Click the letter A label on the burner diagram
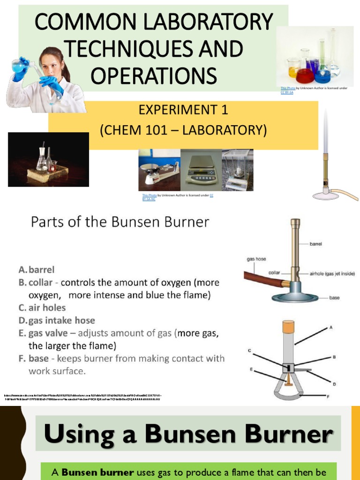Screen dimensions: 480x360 point(331,327)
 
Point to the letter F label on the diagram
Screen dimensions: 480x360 point(327,397)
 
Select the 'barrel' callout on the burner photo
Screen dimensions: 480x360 point(315,244)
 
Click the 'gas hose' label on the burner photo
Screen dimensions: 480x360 point(256,258)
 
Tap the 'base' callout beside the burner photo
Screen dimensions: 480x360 point(334,298)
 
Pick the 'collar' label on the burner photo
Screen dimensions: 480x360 point(274,272)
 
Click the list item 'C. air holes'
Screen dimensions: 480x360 point(42,307)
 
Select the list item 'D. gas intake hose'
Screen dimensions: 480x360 point(57,321)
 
